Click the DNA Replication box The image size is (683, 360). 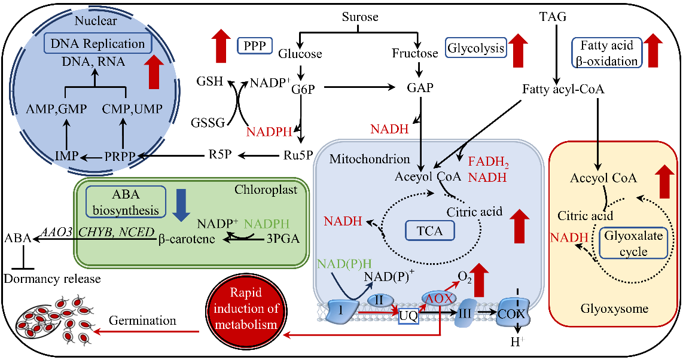pos(98,44)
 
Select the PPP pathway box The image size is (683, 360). pos(255,45)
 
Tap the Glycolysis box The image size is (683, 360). pos(476,48)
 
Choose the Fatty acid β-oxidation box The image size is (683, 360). pos(606,53)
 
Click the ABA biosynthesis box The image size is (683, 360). pos(126,201)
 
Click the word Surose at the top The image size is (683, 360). pos(360,17)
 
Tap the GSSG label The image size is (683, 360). pos(208,123)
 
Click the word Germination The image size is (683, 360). pos(142,321)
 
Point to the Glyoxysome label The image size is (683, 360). pos(614,309)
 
